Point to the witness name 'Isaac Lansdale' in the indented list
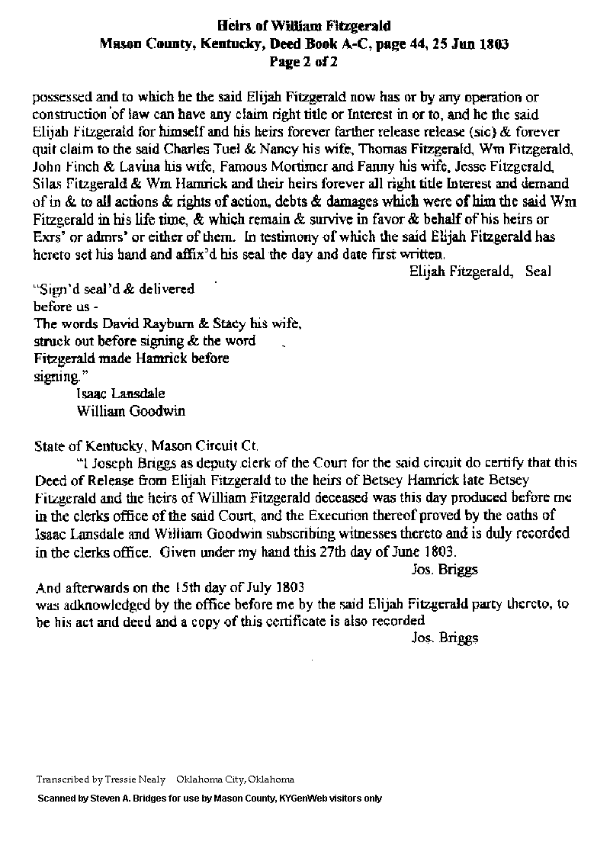[120, 394]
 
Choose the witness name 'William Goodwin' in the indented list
[130, 411]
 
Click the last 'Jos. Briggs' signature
[444, 638]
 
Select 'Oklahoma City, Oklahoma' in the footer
[235, 780]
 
